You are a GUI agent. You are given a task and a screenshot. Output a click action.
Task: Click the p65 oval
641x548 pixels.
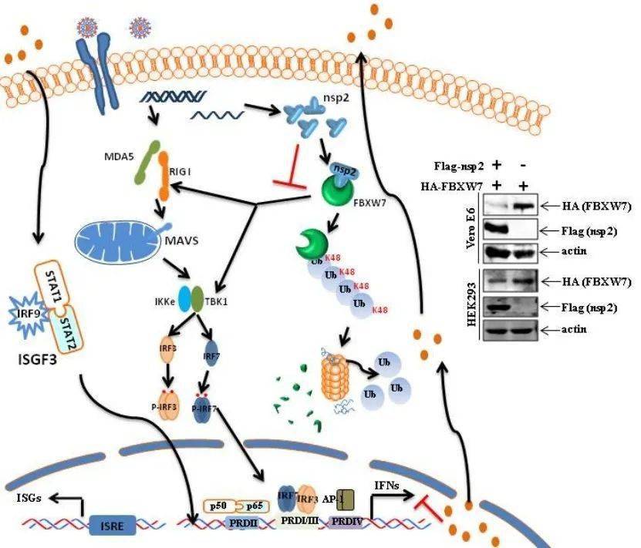[254, 506]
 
